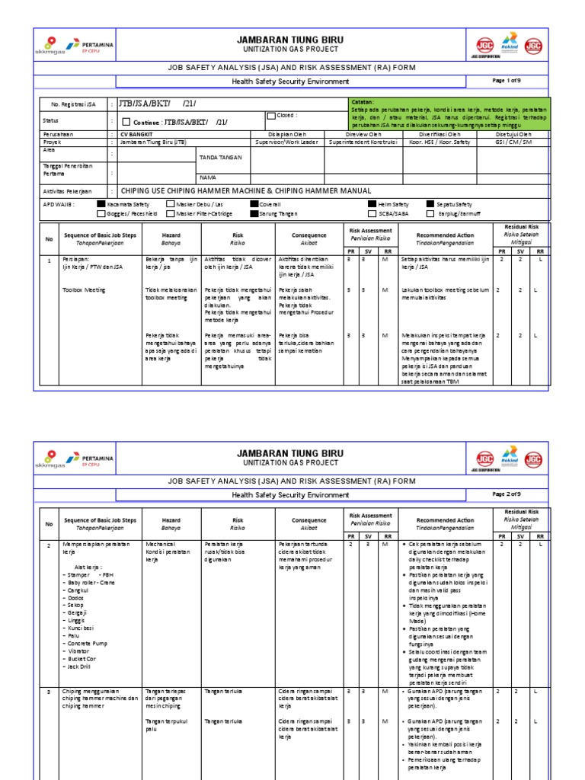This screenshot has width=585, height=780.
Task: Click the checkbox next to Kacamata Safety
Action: [x=101, y=204]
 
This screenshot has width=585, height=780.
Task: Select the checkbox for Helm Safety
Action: [x=371, y=204]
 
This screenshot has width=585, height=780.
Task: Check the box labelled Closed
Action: [x=270, y=116]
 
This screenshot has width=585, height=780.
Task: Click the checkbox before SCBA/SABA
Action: [x=371, y=214]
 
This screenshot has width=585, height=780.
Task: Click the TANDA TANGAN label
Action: [x=220, y=157]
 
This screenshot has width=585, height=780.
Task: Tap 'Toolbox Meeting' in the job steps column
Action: [x=83, y=290]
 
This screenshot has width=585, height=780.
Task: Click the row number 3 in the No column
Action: [x=49, y=692]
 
